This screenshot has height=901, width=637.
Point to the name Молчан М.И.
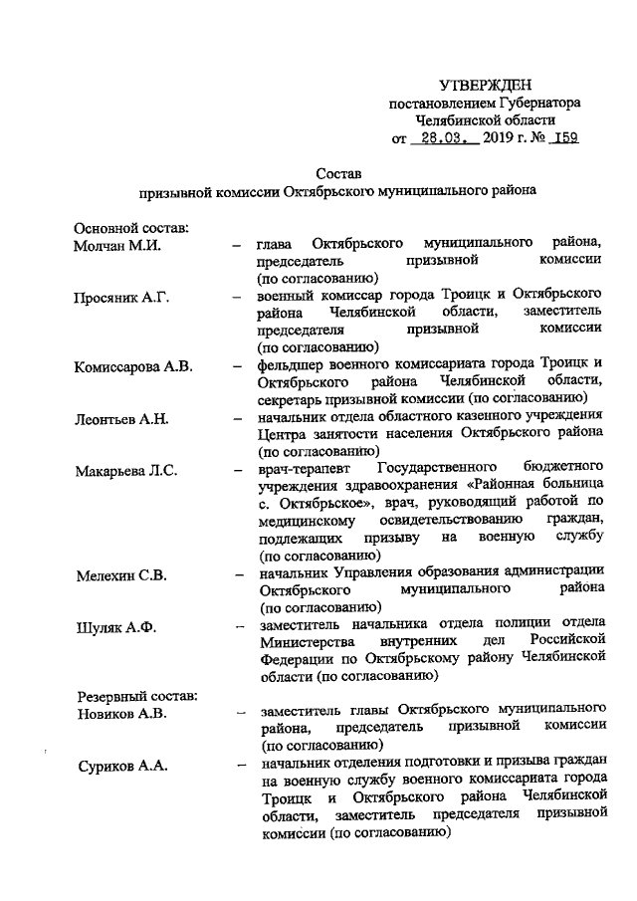[x=117, y=244]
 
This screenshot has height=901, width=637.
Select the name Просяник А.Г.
[x=122, y=296]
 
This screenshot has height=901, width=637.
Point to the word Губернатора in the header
[x=539, y=103]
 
